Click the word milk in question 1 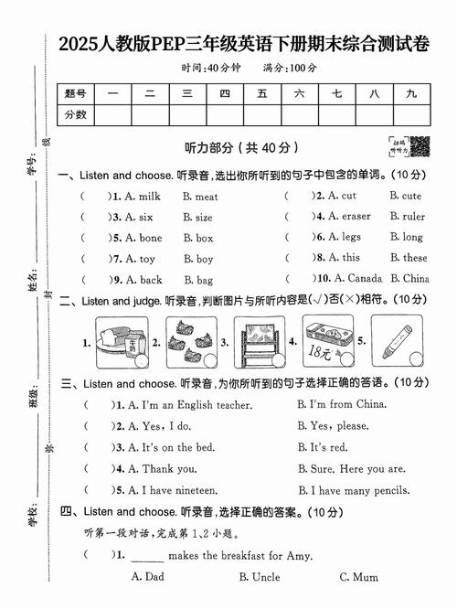click(149, 196)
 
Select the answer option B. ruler click(408, 217)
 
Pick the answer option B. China click(409, 279)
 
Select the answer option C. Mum click(358, 577)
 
